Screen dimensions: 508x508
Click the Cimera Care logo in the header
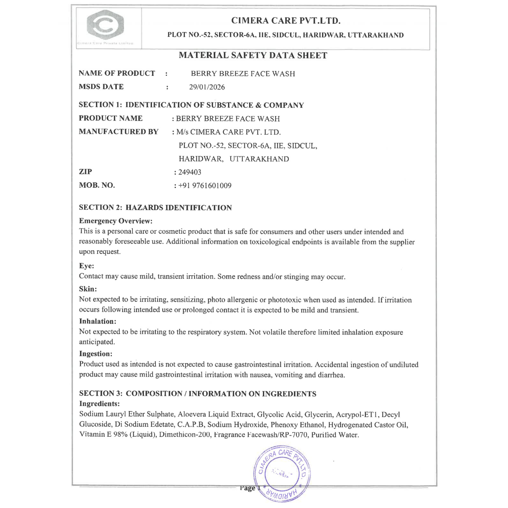[x=105, y=25]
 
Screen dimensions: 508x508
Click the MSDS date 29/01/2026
[x=207, y=87]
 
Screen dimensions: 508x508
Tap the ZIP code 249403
[x=189, y=172]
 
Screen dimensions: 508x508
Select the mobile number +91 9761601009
[x=205, y=186]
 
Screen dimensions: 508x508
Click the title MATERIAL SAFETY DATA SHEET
[x=253, y=55]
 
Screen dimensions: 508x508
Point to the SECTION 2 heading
[x=155, y=208]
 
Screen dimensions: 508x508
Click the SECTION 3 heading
[x=197, y=393]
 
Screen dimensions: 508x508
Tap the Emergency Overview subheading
[x=116, y=221]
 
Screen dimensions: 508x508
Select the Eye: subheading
[x=87, y=266]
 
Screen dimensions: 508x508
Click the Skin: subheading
[x=88, y=289]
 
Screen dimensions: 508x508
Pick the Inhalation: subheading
[x=98, y=321]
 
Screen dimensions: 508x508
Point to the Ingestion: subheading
[x=96, y=354]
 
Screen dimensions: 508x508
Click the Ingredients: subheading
[x=99, y=404]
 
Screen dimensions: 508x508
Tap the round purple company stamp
[x=282, y=473]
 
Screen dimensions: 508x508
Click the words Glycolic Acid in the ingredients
[x=279, y=414]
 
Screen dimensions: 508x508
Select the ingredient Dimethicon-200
[x=184, y=435]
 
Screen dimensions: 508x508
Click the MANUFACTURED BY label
[x=119, y=132]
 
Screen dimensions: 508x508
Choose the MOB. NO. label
[x=97, y=185]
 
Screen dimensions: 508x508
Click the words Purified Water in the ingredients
[x=335, y=435]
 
